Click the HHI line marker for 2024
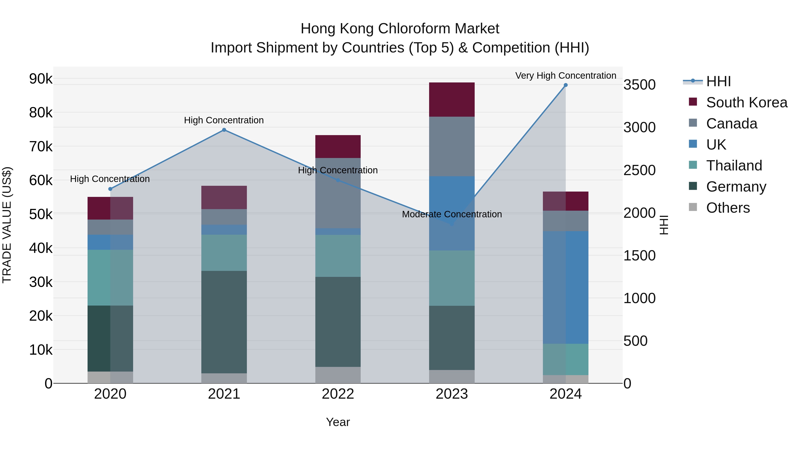566,85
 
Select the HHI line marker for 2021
224,130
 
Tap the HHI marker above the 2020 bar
110,189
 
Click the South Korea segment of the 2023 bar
452,99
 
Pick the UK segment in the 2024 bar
566,287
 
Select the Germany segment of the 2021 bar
224,322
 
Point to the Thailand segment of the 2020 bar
110,277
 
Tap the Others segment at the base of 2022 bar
338,375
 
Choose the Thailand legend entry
734,166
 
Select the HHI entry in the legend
718,81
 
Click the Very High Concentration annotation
566,76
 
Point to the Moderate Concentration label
452,214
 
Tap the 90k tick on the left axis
41,79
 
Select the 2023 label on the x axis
452,394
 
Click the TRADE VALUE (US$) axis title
7,225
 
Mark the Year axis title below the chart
338,422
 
